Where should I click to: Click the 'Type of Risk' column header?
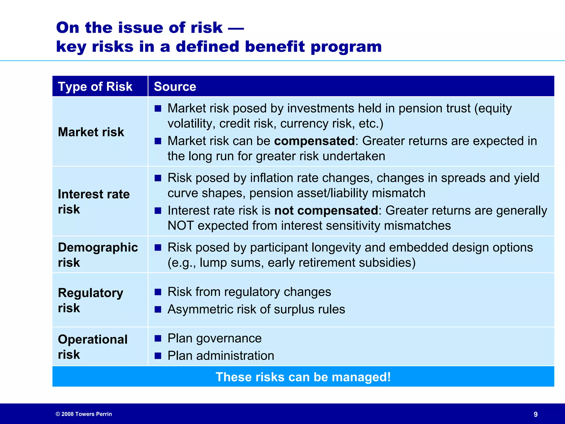click(95, 87)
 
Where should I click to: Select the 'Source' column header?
click(175, 87)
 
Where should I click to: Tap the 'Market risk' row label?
click(91, 132)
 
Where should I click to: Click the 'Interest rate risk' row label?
click(94, 201)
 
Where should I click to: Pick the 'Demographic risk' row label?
click(98, 255)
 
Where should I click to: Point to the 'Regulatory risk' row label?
click(90, 300)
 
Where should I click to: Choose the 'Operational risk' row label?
click(92, 347)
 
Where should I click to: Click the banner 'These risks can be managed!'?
click(303, 377)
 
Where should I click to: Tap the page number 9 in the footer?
click(535, 414)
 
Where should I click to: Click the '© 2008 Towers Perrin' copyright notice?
click(84, 414)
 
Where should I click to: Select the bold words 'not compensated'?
click(326, 211)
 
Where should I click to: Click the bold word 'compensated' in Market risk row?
click(314, 141)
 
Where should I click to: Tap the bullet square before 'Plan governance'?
click(158, 338)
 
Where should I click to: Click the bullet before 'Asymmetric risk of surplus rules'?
click(158, 309)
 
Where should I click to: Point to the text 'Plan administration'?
click(221, 356)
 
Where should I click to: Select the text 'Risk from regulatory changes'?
click(249, 292)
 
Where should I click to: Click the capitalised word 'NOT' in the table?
click(181, 226)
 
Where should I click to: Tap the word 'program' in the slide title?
click(346, 46)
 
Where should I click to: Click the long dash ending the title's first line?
click(236, 28)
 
